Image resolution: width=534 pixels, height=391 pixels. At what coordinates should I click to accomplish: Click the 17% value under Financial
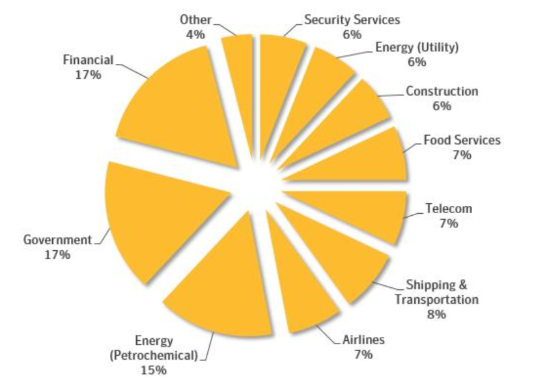tap(88, 74)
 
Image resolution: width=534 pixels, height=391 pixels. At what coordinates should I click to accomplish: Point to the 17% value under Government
tap(57, 255)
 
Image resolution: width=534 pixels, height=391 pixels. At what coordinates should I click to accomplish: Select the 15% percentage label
tap(153, 370)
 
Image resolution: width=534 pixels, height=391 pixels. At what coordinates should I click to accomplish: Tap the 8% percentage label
tap(436, 315)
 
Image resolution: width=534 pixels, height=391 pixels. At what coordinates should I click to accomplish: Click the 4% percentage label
tap(195, 35)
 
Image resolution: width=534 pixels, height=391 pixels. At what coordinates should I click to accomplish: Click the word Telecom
tap(449, 209)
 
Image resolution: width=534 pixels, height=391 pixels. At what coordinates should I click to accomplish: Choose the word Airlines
tap(363, 340)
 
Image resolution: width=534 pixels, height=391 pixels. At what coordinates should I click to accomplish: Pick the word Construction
tap(442, 91)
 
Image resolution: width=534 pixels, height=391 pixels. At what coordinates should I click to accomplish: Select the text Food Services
tap(462, 140)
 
